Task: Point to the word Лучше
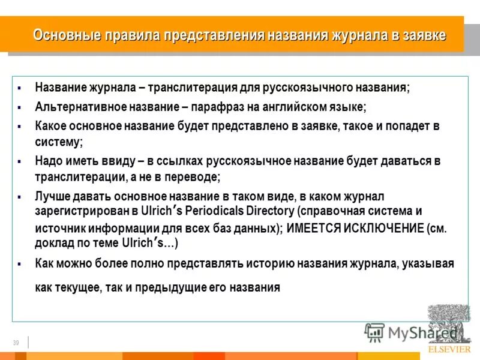pos(52,196)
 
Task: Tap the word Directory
pos(269,211)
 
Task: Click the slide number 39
pos(16,343)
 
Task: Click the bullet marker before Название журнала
pos(20,88)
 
